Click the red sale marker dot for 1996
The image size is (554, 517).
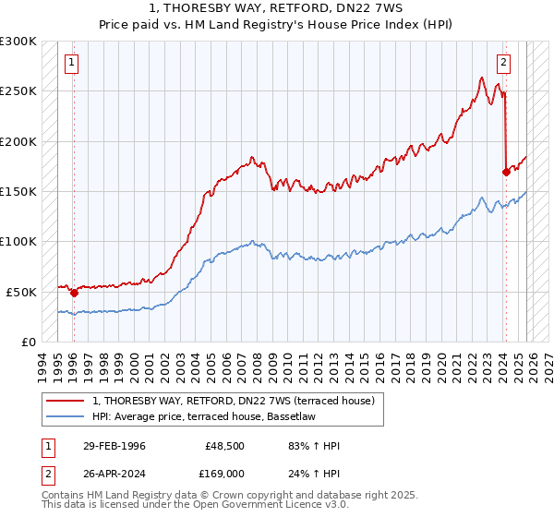tap(74, 293)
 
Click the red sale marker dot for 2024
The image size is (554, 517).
tap(506, 172)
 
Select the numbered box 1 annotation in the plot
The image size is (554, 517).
tap(72, 64)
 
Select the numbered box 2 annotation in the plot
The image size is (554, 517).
tap(503, 64)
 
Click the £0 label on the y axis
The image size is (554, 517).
tap(28, 342)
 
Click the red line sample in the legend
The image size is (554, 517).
tap(66, 401)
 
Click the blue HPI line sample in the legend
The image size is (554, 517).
tap(66, 415)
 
